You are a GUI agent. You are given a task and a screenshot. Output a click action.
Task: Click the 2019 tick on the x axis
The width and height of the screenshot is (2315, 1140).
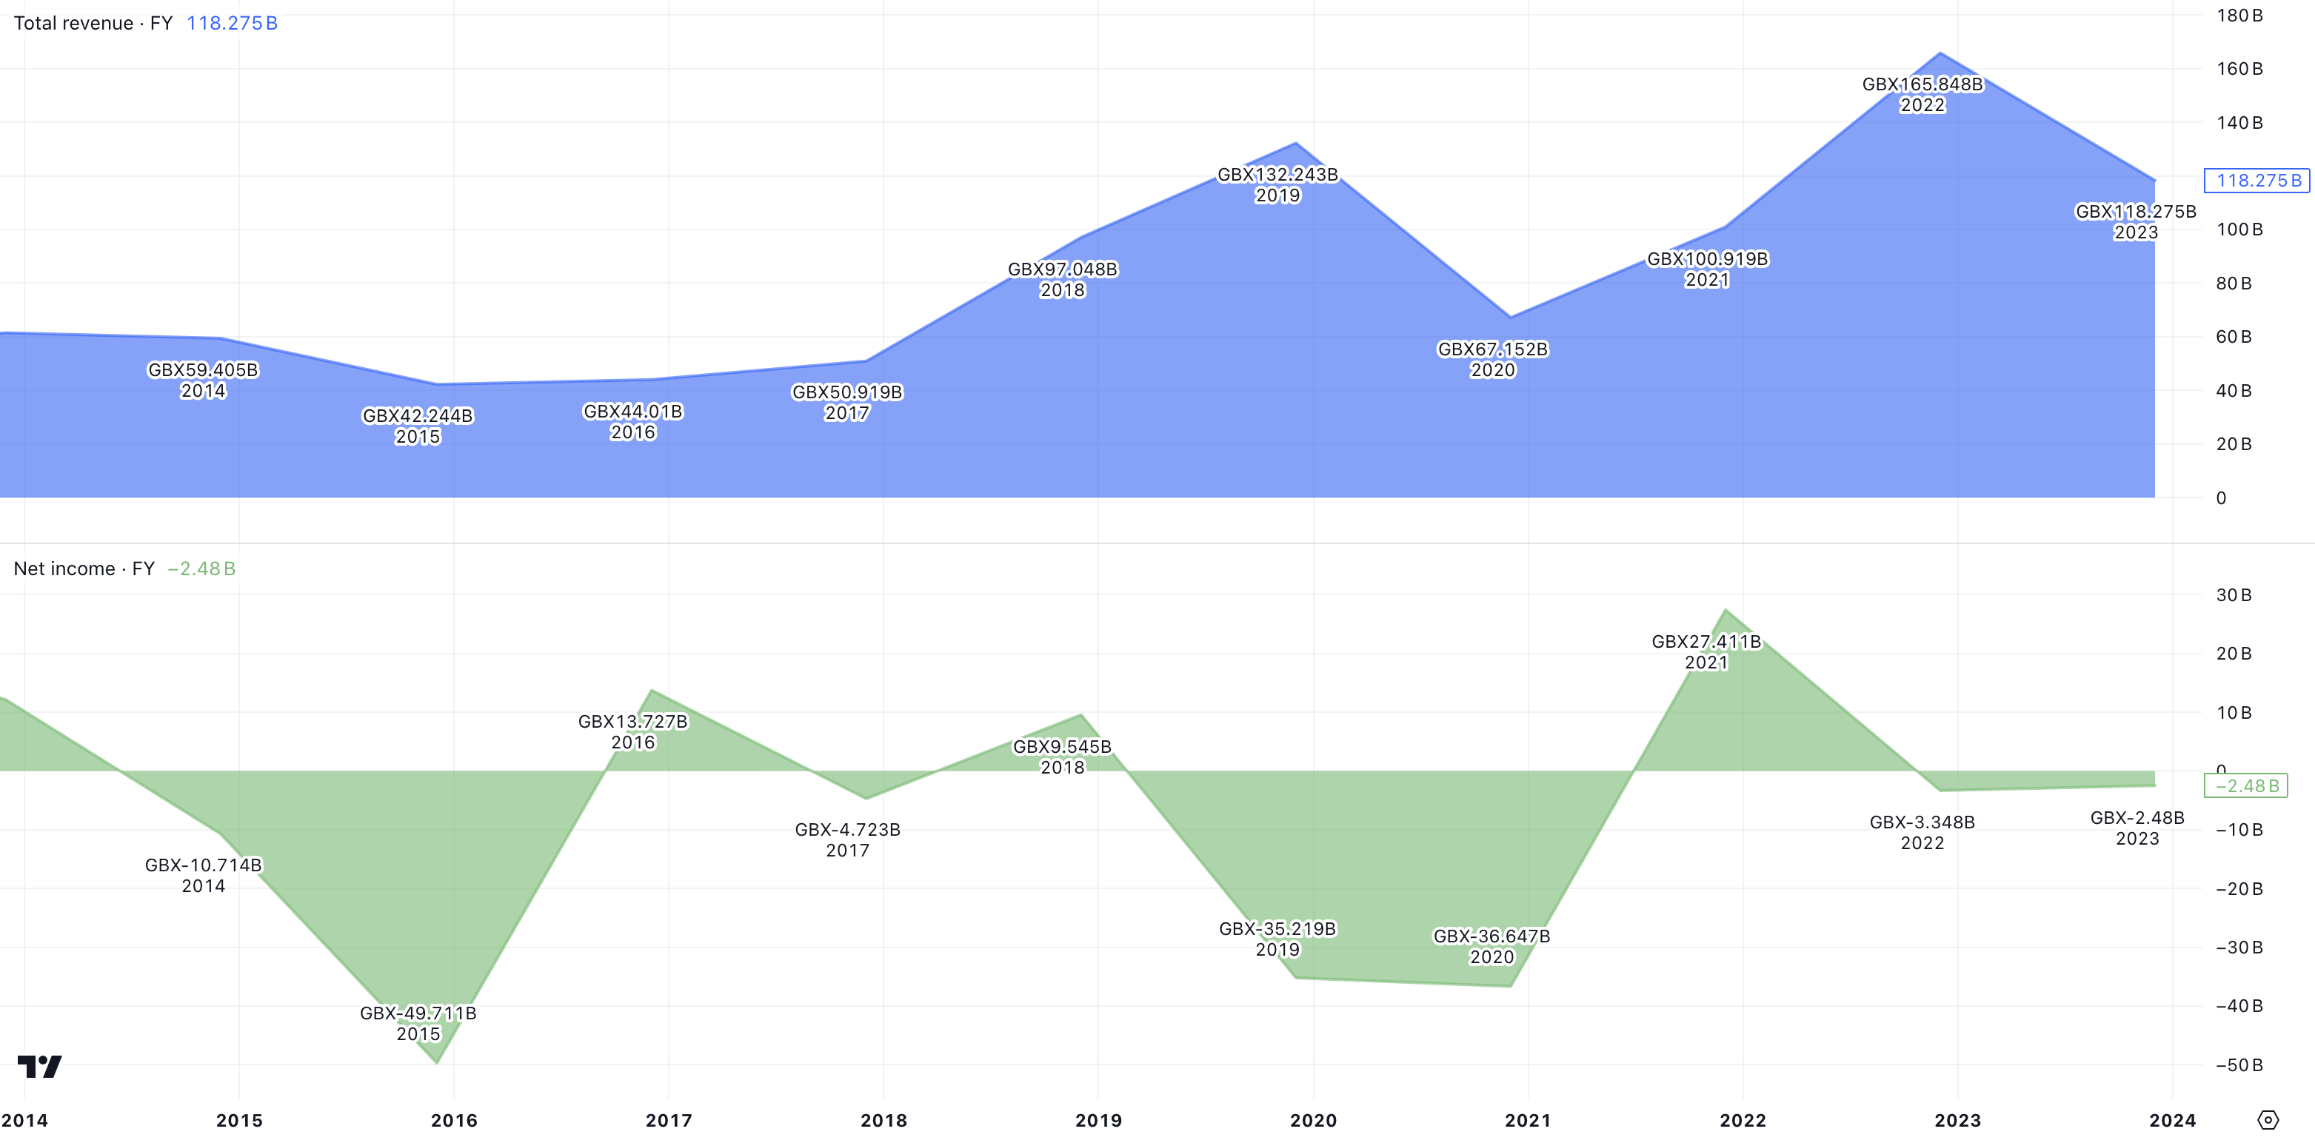click(x=1098, y=1120)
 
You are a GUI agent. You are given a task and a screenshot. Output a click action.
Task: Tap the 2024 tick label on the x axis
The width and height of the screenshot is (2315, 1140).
click(x=2172, y=1120)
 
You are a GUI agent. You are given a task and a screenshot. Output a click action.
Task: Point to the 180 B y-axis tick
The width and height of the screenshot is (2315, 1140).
click(x=2239, y=16)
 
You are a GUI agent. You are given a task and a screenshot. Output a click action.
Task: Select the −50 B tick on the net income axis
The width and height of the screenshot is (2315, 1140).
click(x=2239, y=1064)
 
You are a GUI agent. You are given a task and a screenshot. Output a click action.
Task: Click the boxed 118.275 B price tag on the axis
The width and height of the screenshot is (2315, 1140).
click(x=2257, y=181)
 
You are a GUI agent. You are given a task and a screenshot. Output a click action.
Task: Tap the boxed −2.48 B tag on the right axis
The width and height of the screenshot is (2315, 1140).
click(x=2246, y=786)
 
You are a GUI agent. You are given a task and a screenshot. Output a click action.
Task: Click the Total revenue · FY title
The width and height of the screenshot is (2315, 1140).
click(x=93, y=24)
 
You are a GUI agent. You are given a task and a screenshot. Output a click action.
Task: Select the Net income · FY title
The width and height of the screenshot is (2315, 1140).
click(x=84, y=569)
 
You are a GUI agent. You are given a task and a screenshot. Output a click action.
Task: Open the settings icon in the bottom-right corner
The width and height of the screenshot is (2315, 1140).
click(x=2268, y=1119)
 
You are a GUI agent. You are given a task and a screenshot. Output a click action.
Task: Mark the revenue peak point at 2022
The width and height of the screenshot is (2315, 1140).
click(x=1940, y=53)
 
